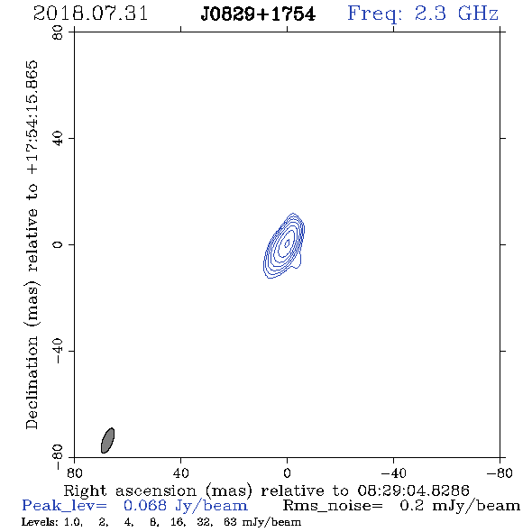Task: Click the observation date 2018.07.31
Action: [90, 14]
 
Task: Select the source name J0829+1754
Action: [258, 14]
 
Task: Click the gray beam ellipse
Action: [107, 440]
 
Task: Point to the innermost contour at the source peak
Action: [287, 243]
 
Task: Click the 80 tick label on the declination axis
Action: [58, 32]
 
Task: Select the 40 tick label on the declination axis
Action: [58, 139]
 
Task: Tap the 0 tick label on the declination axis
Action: [58, 244]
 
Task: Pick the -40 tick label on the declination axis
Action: [58, 351]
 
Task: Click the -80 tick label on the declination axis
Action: [58, 457]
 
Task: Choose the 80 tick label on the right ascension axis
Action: [74, 473]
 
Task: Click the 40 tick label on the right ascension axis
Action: [180, 473]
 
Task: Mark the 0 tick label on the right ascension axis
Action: [287, 473]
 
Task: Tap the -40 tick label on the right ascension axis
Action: [393, 473]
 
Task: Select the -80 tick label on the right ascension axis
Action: [500, 473]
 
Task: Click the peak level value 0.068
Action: [145, 506]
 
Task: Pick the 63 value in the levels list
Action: [230, 522]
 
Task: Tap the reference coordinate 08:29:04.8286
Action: [413, 491]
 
